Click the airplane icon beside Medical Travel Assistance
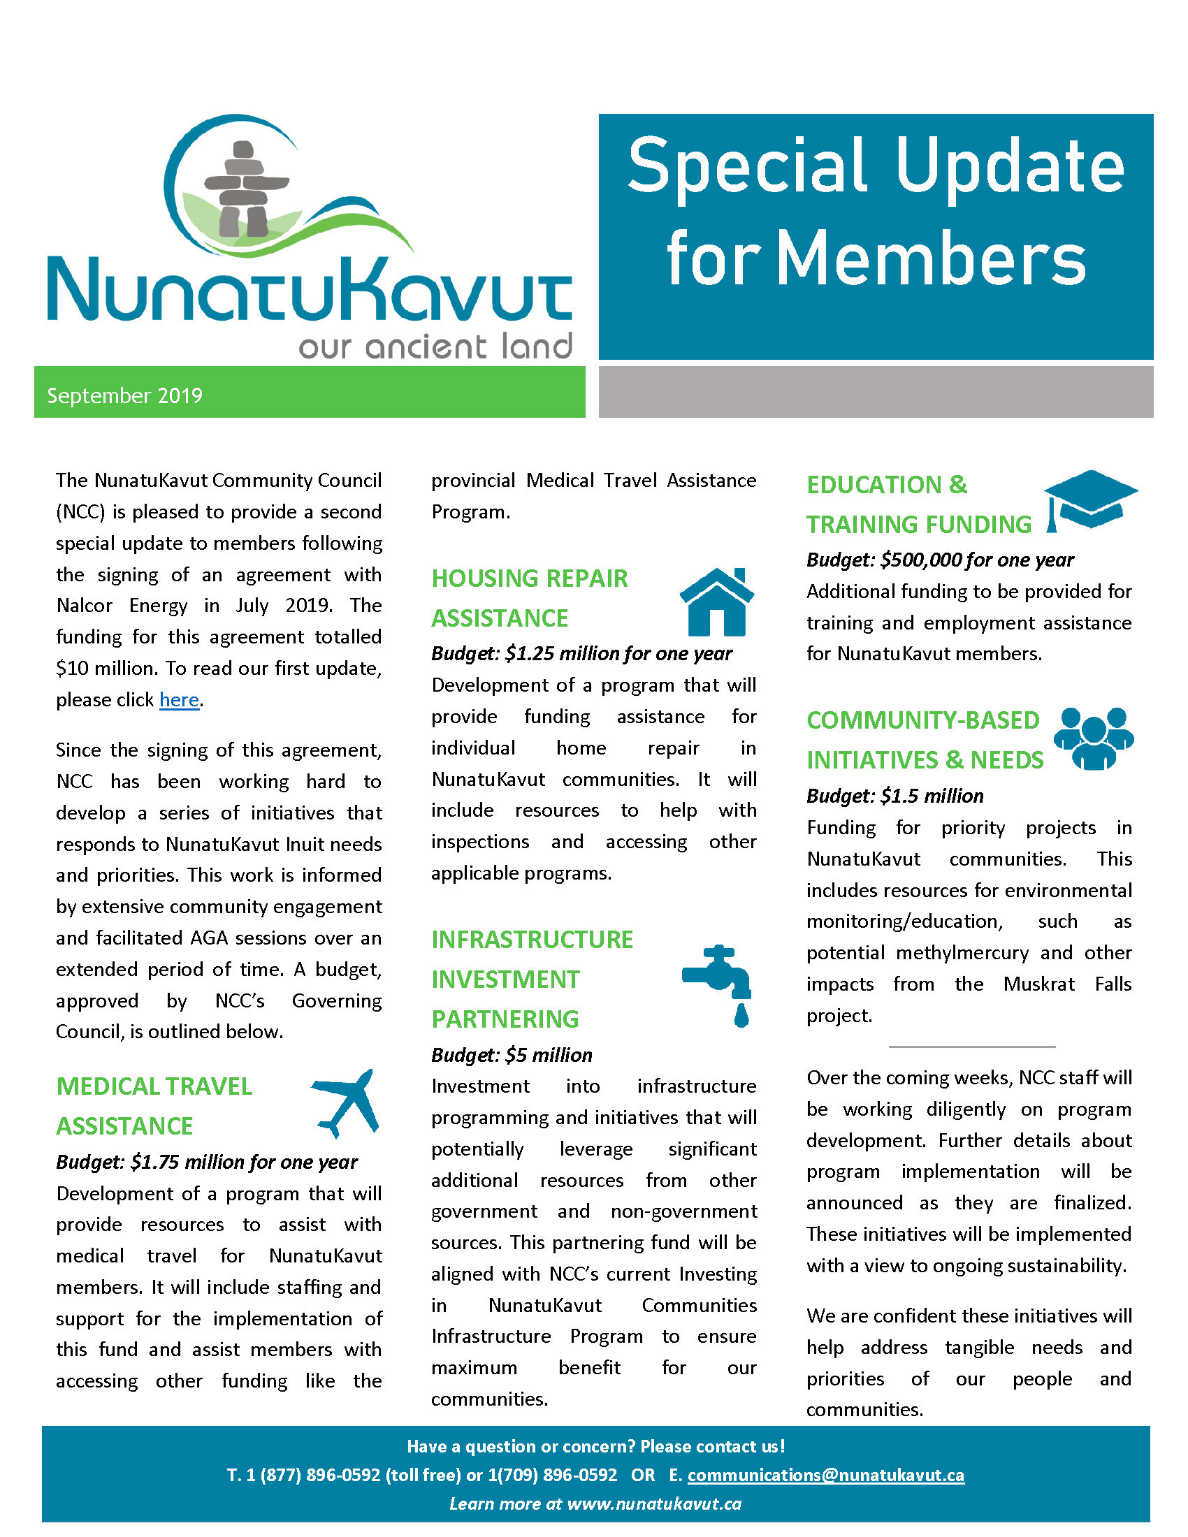click(346, 1102)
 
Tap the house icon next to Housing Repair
click(716, 602)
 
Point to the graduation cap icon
click(1089, 500)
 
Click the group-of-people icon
click(1094, 738)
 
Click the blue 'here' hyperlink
click(179, 699)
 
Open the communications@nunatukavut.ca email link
click(825, 1475)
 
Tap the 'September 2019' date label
click(124, 395)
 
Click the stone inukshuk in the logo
click(245, 189)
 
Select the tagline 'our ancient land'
click(435, 347)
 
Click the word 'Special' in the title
click(747, 168)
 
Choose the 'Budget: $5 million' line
click(512, 1055)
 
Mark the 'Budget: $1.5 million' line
click(894, 796)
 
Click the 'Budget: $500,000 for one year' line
click(939, 560)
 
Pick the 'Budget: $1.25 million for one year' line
click(581, 654)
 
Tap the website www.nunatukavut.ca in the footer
click(654, 1504)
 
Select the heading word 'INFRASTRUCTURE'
click(532, 940)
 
